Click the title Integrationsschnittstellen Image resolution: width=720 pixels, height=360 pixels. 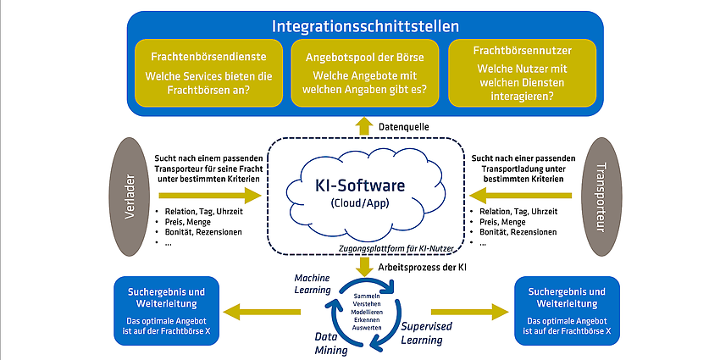(365, 26)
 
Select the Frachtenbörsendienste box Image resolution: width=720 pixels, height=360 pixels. (208, 73)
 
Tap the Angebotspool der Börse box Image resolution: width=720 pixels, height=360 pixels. (365, 73)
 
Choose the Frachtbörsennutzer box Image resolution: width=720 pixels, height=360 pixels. (522, 73)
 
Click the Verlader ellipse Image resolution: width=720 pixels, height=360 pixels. (130, 197)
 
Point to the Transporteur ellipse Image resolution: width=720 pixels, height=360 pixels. (601, 197)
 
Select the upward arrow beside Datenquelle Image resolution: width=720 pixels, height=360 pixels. (364, 126)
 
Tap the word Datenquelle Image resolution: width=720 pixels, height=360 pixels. (403, 127)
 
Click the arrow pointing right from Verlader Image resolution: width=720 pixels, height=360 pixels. (210, 195)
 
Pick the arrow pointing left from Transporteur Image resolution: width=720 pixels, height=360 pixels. (521, 195)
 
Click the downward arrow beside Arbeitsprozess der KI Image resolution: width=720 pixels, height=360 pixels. (364, 267)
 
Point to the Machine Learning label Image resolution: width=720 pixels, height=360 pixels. (313, 284)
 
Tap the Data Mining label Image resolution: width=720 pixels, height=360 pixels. (331, 343)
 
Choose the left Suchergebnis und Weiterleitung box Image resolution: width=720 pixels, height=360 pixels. (166, 311)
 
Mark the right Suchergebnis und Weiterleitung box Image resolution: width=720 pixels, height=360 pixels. (568, 311)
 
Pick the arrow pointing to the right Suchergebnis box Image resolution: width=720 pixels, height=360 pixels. (470, 312)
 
